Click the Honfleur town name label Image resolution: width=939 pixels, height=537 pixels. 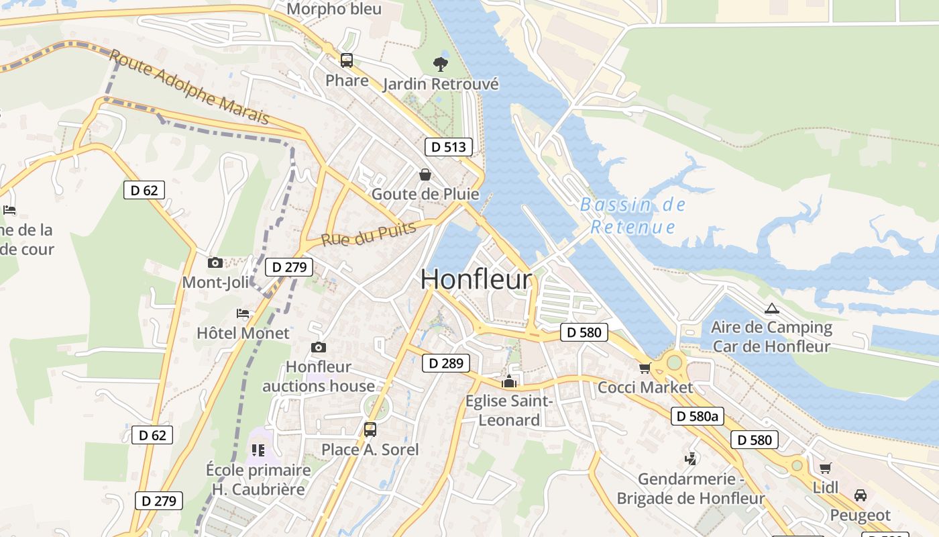[476, 280]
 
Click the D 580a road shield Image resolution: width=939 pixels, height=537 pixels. [698, 416]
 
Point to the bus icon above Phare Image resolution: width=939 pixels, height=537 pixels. [346, 60]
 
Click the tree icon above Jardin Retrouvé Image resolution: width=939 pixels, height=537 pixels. [440, 64]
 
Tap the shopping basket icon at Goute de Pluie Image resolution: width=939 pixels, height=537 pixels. [425, 175]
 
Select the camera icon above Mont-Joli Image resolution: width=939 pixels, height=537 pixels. [215, 262]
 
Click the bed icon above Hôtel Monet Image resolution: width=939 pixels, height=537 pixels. [243, 313]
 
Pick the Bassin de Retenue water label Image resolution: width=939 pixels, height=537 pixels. [633, 215]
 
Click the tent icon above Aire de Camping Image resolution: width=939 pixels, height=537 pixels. [771, 309]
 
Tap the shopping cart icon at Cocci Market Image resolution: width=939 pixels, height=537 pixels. [645, 368]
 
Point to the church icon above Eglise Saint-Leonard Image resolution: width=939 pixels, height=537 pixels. [509, 382]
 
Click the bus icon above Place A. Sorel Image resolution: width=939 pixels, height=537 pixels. [370, 430]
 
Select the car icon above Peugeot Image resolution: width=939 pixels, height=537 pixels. [860, 495]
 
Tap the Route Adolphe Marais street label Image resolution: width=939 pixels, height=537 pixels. [189, 87]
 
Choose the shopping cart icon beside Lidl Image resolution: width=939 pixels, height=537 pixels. [824, 468]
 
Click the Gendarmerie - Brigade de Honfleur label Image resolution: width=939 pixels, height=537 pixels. [690, 489]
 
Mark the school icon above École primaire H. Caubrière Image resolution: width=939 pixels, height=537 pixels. [258, 450]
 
